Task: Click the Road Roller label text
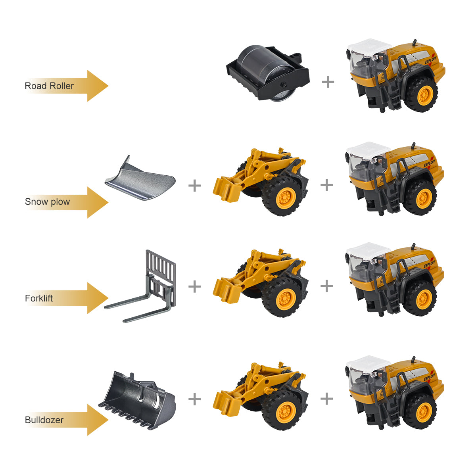click(49, 86)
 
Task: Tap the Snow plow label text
click(47, 202)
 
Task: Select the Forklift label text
click(39, 298)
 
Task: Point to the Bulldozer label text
click(44, 420)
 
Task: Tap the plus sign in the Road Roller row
click(328, 82)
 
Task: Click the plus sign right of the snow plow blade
click(194, 185)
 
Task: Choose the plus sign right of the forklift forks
click(194, 286)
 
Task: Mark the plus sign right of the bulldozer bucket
click(194, 399)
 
